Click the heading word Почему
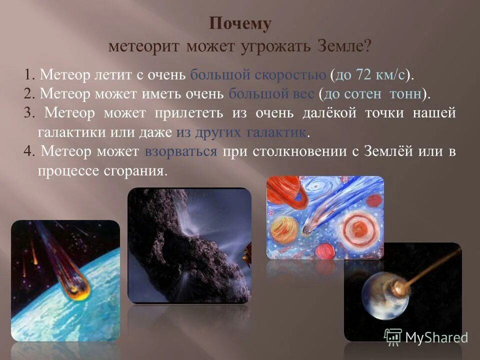pos(240,23)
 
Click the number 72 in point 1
pos(363,75)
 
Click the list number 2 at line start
pos(28,94)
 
